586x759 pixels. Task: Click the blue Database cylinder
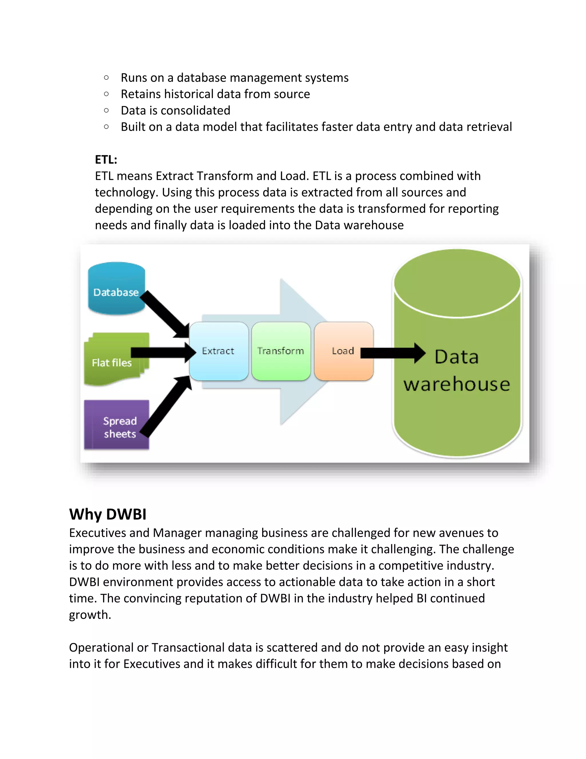pos(116,288)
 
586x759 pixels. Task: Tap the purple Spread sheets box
pos(116,425)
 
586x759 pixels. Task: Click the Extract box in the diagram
pos(218,351)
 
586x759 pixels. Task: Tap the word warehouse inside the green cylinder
pos(456,384)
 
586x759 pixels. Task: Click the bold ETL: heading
pos(106,160)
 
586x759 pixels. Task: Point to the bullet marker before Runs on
pos(106,78)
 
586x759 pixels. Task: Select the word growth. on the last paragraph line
pos(90,615)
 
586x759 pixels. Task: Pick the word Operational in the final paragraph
pos(101,648)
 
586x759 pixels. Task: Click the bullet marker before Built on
pos(106,127)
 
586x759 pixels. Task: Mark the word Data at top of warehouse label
pos(456,357)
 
